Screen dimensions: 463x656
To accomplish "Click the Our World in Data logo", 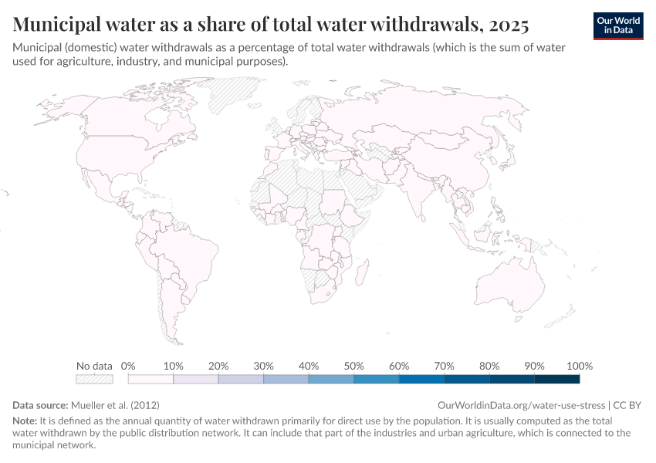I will pos(617,25).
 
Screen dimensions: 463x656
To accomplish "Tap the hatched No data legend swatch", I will pos(94,379).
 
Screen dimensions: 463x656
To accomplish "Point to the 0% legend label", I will pos(129,366).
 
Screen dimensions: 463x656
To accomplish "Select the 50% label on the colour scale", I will pos(354,366).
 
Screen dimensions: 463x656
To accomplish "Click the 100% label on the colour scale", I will pos(579,366).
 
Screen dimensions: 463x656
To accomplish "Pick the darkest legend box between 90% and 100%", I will pos(557,379).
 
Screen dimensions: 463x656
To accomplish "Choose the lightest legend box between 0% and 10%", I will pos(150,379).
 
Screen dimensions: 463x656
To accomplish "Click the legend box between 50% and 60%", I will pos(377,379).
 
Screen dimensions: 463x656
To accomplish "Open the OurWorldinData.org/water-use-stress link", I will pos(522,404).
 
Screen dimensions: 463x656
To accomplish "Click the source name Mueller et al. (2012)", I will pos(115,404).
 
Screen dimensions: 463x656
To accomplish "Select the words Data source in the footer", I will pos(40,404).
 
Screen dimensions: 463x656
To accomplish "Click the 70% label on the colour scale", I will pos(444,366).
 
